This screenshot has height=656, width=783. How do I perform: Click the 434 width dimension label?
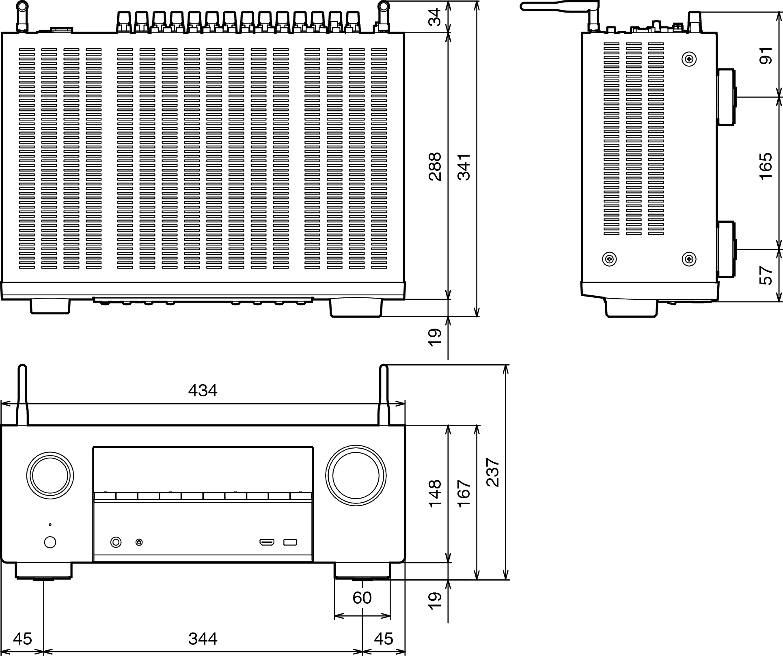coord(203,391)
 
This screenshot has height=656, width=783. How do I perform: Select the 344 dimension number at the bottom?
coord(203,639)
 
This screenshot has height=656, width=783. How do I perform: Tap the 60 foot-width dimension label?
coord(362,598)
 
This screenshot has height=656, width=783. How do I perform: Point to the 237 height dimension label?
coord(493,472)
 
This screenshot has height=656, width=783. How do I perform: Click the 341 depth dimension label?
coord(464,166)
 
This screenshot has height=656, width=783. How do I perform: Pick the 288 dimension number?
coord(435,166)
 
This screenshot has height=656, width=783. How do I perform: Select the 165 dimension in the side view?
coord(765,166)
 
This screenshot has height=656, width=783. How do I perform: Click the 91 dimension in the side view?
coord(765,56)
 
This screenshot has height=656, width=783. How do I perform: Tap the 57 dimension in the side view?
coord(765,275)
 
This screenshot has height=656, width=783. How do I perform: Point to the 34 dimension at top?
coord(435,17)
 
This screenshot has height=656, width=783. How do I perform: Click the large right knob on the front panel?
coord(356,475)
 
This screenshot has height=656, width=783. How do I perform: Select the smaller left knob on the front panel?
coord(50,475)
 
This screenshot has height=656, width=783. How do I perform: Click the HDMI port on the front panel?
coord(267,542)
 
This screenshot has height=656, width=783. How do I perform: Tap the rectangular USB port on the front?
coord(290,542)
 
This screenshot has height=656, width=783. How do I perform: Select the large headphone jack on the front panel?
coord(116,542)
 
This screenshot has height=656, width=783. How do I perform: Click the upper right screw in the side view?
coord(689,59)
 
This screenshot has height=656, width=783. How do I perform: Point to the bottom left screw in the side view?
coord(609,259)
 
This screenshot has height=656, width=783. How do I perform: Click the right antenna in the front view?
coord(384,396)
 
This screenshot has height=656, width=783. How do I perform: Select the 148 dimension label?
coord(435,493)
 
